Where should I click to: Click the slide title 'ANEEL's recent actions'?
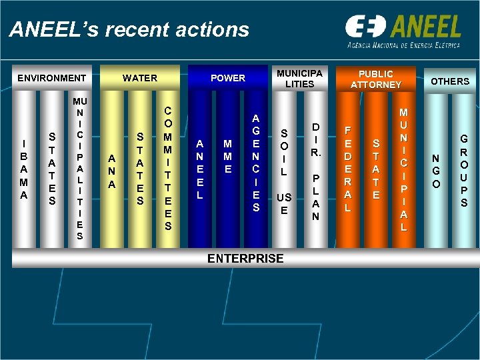[x=129, y=30]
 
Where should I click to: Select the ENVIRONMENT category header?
[x=52, y=78]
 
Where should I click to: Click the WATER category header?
[x=140, y=78]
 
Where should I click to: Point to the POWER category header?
[x=228, y=78]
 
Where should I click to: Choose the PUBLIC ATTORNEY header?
[x=376, y=79]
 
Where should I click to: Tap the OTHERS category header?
[x=450, y=81]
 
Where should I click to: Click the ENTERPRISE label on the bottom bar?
[x=245, y=259]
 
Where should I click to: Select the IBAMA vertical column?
[x=25, y=169]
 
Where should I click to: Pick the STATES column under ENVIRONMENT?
[x=51, y=169]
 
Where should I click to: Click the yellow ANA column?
[x=113, y=170]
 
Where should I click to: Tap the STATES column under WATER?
[x=139, y=169]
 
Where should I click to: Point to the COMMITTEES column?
[x=168, y=169]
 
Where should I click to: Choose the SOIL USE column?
[x=284, y=170]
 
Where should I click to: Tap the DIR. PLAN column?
[x=316, y=170]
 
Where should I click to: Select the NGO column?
[x=436, y=170]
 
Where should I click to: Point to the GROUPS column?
[x=464, y=170]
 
